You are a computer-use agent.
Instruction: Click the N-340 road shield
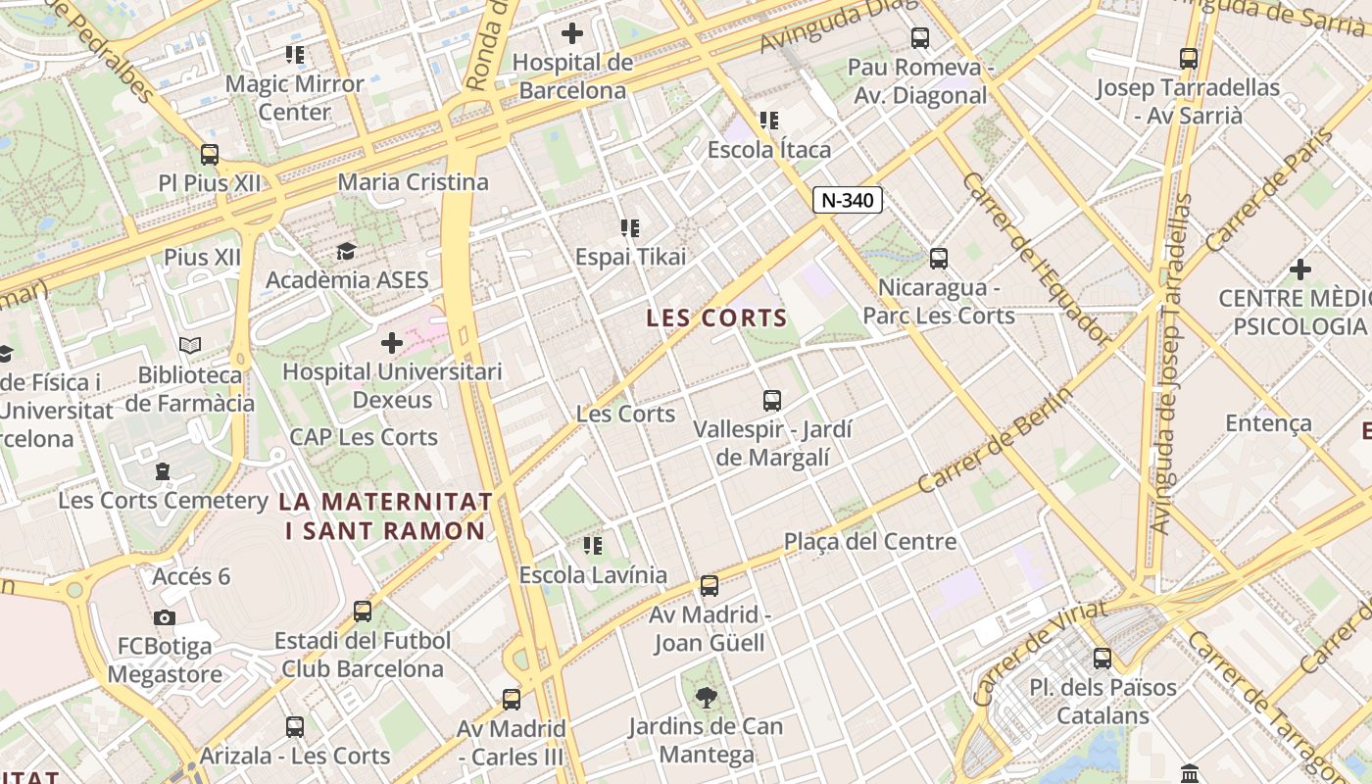848,201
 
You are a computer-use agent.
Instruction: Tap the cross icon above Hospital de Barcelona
572,33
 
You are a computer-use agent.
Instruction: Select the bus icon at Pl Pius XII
210,155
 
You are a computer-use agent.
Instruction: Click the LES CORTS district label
716,318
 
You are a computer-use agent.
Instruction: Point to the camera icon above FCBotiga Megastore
165,617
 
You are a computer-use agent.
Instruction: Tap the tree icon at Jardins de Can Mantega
706,698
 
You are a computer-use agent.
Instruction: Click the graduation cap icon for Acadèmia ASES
346,252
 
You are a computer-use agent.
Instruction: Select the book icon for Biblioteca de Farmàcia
190,346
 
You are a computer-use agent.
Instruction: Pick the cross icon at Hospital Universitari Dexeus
392,343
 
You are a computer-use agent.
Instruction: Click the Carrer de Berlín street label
996,441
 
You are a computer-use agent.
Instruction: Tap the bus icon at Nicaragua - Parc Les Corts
939,259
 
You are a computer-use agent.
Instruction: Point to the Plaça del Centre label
870,542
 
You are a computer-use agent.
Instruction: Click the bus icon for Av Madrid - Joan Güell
710,586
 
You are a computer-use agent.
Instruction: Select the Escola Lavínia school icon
593,546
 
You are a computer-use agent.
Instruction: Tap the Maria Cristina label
413,182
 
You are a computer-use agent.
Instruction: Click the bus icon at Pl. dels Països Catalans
1102,659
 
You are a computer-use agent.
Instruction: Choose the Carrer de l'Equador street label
1037,260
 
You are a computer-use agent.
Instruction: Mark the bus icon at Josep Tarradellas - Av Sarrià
1189,59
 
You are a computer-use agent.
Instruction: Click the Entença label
1268,423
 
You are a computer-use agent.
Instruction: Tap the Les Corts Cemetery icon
163,472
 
